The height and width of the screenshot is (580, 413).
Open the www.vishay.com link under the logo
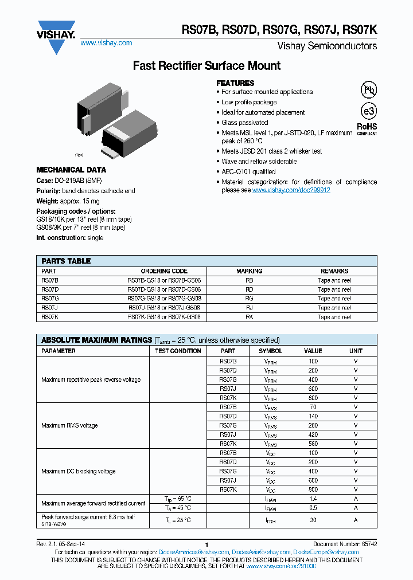(x=106, y=43)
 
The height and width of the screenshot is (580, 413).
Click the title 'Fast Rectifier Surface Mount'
(x=206, y=66)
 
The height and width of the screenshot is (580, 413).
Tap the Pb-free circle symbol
(x=368, y=89)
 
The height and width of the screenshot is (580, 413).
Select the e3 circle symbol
(x=368, y=111)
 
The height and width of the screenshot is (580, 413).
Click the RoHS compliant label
(x=367, y=128)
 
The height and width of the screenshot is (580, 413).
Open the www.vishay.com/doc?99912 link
(x=291, y=190)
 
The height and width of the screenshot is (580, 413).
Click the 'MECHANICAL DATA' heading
(x=71, y=170)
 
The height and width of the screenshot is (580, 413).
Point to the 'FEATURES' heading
(x=235, y=83)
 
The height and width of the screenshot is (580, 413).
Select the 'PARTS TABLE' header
(x=66, y=261)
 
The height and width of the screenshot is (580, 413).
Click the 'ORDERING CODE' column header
(x=164, y=271)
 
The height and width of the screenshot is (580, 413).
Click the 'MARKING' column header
(x=250, y=271)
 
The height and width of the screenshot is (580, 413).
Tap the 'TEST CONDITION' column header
(x=178, y=351)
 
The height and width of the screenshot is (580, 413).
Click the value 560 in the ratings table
(x=313, y=444)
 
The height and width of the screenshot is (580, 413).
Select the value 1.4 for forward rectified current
(x=313, y=499)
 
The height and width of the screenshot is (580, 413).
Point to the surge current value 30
(x=313, y=520)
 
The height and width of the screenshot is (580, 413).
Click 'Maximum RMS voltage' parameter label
(x=69, y=425)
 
